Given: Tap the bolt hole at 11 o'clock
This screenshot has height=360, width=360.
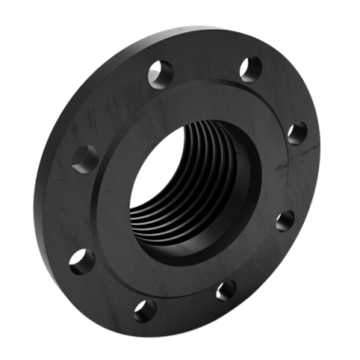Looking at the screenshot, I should pyautogui.click(x=160, y=71).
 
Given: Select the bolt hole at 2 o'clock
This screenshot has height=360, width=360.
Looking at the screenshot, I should pyautogui.click(x=297, y=132).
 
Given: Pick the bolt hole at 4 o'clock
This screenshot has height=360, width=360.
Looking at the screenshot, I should pyautogui.click(x=284, y=221).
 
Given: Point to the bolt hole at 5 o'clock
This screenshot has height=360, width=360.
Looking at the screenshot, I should pyautogui.click(x=227, y=289).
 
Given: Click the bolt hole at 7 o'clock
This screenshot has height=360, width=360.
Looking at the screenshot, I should pyautogui.click(x=145, y=308).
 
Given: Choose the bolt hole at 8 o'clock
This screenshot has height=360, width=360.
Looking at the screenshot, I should pyautogui.click(x=83, y=259).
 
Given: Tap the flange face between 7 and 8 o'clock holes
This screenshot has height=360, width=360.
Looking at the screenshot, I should pyautogui.click(x=110, y=288).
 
